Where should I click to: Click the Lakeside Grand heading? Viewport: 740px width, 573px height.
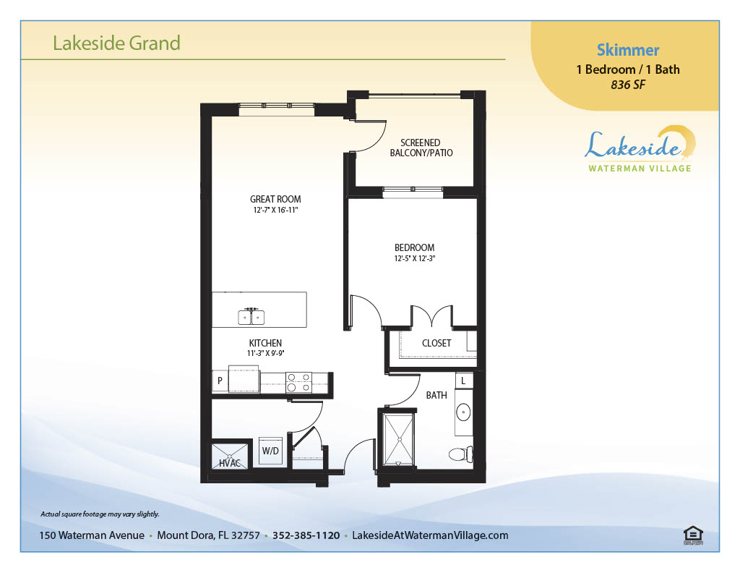click(116, 43)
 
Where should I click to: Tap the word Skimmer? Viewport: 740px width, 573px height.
click(628, 50)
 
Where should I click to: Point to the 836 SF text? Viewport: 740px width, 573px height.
click(628, 85)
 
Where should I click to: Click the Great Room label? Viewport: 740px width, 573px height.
click(275, 200)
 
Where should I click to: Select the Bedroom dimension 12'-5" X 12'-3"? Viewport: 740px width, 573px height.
click(414, 258)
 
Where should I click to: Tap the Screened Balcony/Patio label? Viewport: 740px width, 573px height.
click(421, 148)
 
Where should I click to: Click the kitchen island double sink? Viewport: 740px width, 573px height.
click(251, 316)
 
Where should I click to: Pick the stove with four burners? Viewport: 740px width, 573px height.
click(298, 382)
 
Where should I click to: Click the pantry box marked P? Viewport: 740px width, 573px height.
click(220, 381)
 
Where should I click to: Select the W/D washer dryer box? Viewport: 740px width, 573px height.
click(270, 451)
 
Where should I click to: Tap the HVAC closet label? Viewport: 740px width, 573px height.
click(230, 464)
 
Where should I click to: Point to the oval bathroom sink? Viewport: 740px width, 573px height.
click(463, 412)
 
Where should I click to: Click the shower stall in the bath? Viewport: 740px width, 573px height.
click(399, 439)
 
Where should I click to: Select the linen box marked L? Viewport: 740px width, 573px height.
click(463, 381)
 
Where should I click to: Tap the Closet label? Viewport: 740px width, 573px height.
click(436, 344)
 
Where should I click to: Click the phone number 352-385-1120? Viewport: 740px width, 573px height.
click(306, 535)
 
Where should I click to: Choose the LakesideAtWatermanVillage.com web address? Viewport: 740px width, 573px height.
click(430, 535)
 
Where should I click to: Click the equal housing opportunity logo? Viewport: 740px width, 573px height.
click(693, 535)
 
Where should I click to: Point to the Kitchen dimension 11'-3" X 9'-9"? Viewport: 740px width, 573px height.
click(265, 353)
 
